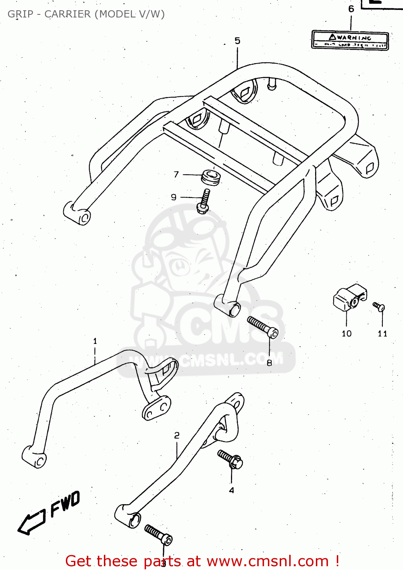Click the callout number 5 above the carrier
[237, 41]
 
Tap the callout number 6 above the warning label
[351, 9]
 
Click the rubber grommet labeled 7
[211, 177]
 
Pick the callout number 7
[176, 174]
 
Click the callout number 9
[174, 197]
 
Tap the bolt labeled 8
[263, 328]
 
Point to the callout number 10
[347, 334]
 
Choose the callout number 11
[382, 334]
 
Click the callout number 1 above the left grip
[95, 341]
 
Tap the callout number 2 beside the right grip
[177, 435]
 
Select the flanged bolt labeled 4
[230, 459]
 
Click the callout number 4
[231, 491]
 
